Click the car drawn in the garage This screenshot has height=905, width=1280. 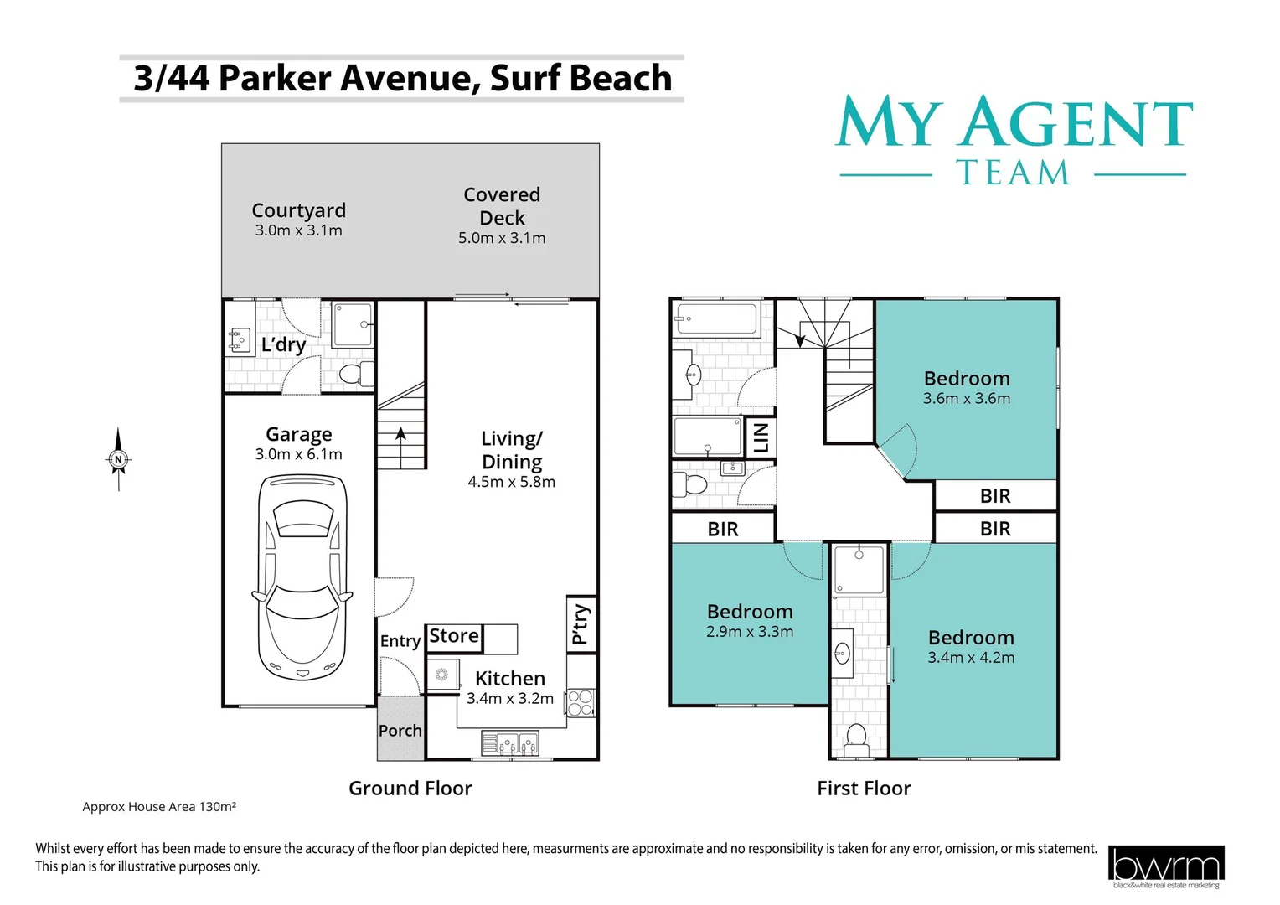tap(300, 578)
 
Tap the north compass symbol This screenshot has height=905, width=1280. tap(118, 459)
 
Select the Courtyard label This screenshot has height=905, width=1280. tap(298, 210)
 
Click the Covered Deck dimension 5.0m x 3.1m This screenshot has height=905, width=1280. tap(502, 238)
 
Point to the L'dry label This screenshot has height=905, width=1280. tap(283, 344)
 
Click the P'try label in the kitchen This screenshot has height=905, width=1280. tap(580, 624)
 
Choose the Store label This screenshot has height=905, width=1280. tap(454, 636)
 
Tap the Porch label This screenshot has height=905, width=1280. tap(400, 731)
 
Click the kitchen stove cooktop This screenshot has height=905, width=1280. tap(581, 702)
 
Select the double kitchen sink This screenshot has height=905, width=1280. tap(509, 742)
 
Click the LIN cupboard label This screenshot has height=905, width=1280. tap(761, 437)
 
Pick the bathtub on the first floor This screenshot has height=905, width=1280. tap(717, 319)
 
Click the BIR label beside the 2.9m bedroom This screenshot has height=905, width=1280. tap(723, 529)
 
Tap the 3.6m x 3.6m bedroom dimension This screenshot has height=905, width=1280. tap(967, 399)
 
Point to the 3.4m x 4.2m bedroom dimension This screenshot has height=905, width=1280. tap(971, 658)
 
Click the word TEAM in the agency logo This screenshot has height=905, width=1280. tap(1013, 173)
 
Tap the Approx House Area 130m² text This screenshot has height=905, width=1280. tap(159, 807)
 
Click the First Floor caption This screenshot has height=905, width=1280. tap(864, 789)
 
